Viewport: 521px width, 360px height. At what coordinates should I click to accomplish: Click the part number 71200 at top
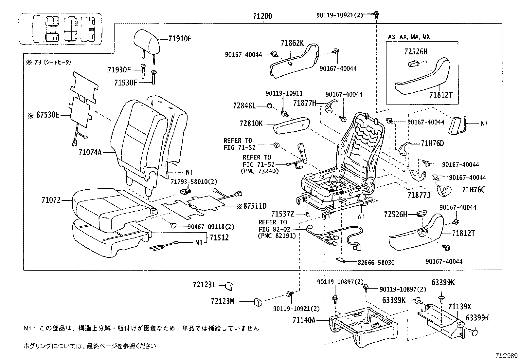[262, 16]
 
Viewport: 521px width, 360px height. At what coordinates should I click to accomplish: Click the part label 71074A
[90, 152]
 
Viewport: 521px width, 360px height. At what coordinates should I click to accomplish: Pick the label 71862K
[292, 43]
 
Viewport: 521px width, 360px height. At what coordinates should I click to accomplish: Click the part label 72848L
[244, 105]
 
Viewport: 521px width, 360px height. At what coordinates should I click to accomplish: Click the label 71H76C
[474, 190]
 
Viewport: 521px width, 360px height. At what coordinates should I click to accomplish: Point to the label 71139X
[459, 307]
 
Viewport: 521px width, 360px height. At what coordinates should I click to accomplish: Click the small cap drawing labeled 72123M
[259, 301]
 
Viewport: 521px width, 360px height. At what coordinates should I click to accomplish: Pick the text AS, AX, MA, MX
[409, 37]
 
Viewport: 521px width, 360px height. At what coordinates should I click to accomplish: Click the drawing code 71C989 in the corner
[506, 355]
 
